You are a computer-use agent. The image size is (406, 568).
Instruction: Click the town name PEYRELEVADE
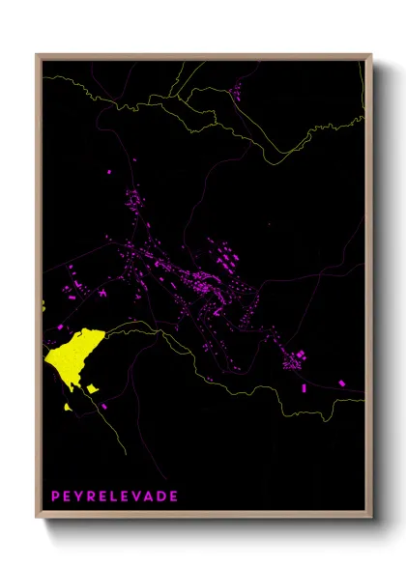[x=115, y=496]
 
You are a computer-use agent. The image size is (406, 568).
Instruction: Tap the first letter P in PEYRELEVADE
[x=56, y=496]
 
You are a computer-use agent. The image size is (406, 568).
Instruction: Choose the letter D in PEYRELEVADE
[x=162, y=496]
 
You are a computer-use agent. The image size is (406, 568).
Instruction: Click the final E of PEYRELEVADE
[x=174, y=496]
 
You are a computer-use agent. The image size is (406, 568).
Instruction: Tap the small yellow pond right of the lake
[x=92, y=388]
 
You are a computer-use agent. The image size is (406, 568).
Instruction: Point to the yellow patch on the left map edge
[x=43, y=308]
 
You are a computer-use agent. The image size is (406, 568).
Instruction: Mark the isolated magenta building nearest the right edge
[x=341, y=383]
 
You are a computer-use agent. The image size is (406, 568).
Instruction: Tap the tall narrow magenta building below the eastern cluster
[x=304, y=387]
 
